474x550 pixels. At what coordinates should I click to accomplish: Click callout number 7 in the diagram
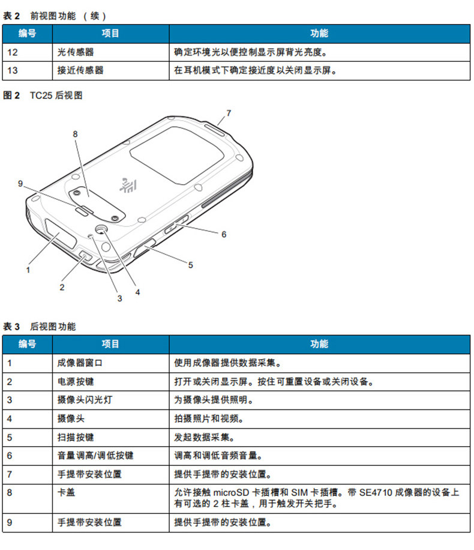point(229,112)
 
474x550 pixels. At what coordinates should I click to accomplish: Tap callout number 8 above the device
point(76,134)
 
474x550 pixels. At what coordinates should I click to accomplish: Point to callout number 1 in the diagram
point(28,270)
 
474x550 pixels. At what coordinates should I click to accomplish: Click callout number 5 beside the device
point(190,264)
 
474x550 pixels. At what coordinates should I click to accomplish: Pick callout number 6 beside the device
point(224,234)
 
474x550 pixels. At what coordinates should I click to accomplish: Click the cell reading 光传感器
point(75,52)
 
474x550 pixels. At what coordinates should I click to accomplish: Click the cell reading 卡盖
point(65,492)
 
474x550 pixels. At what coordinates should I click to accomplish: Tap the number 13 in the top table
point(13,70)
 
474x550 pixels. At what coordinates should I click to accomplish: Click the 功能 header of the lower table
point(319,344)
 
